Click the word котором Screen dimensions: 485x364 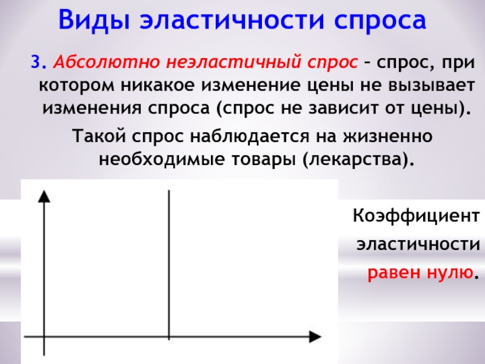click(x=77, y=86)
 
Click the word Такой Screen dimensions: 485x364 click(x=99, y=136)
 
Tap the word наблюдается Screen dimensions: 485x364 click(x=249, y=136)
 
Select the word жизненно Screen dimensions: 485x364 click(x=387, y=136)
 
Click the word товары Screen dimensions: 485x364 click(x=264, y=160)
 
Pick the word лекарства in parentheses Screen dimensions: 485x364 click(x=354, y=160)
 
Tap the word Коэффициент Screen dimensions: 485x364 click(x=416, y=216)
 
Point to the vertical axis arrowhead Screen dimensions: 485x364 click(x=44, y=196)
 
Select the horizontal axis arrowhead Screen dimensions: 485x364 click(x=315, y=337)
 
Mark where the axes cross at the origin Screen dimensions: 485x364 click(x=44, y=337)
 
